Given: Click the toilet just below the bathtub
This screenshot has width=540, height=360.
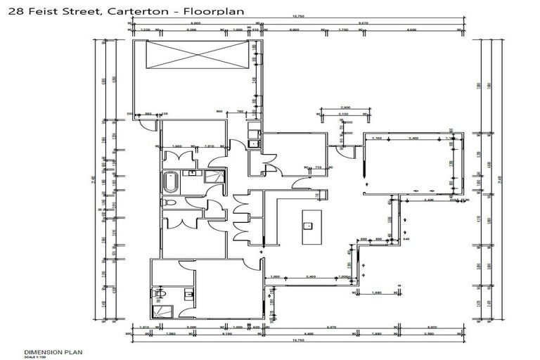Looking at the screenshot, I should (x=167, y=203).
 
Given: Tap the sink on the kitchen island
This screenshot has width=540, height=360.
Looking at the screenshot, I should (x=308, y=226).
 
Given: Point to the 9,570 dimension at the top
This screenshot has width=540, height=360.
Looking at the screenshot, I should (x=364, y=24).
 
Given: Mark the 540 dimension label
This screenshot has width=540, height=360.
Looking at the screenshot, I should (x=406, y=240).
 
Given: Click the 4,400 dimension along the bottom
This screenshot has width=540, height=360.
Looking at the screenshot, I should (x=308, y=333).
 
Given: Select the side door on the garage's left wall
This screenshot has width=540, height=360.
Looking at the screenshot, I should (x=147, y=124).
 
